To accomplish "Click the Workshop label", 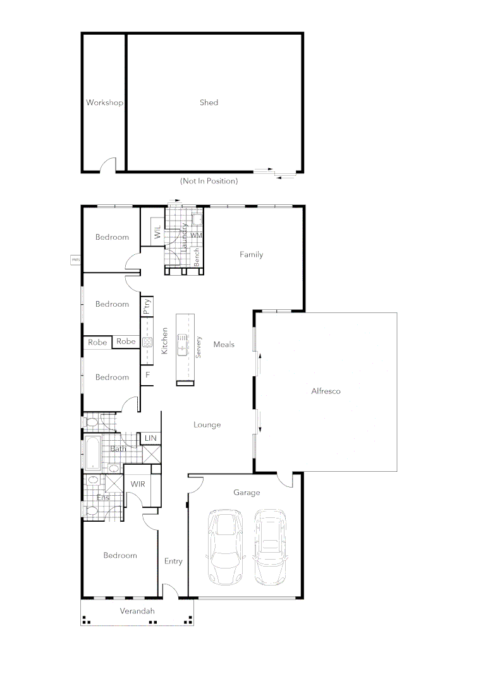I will tap(104, 102).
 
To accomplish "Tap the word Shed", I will tap(209, 102).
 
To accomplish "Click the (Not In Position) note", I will tap(209, 181).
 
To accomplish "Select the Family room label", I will tap(251, 255).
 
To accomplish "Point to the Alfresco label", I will tap(326, 391).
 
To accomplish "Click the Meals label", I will tap(224, 345).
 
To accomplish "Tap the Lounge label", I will tap(207, 425).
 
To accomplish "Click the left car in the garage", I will tap(225, 548).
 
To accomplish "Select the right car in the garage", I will tap(270, 547).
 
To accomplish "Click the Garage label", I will tap(247, 493).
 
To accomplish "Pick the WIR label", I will tap(138, 484).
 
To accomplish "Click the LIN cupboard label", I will tap(150, 438).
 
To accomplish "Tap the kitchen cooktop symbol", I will tap(147, 342).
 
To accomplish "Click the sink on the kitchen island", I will tap(183, 347).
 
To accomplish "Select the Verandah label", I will tap(137, 612).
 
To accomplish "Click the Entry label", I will tap(173, 562).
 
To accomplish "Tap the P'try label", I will tap(147, 307).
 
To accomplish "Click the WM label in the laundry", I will tap(196, 235).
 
